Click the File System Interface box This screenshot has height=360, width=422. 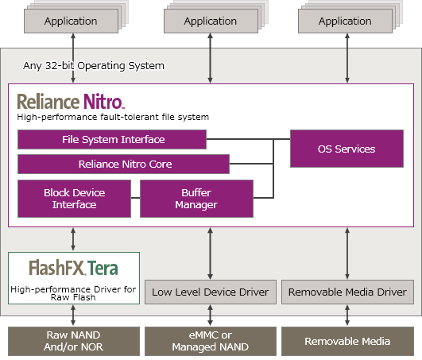[112, 139]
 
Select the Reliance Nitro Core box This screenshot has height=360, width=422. [123, 164]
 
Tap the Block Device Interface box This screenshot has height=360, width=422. [74, 199]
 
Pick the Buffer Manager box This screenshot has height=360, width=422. [196, 199]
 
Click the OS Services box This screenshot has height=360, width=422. [347, 149]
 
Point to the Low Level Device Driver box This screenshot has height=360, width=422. [211, 292]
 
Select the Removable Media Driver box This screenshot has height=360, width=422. [347, 292]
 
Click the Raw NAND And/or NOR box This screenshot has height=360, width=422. [74, 341]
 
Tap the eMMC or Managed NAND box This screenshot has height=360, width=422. [211, 341]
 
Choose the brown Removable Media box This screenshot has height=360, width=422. [347, 341]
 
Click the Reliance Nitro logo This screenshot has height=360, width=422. [71, 102]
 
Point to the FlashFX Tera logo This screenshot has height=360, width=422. [73, 268]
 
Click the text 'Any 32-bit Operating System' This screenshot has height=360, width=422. [94, 66]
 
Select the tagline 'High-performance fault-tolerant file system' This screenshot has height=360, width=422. [113, 117]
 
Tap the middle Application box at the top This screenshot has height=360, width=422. [211, 21]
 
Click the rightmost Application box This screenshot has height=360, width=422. [345, 21]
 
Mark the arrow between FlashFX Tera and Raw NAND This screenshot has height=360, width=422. [73, 315]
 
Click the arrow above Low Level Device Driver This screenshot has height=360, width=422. [211, 254]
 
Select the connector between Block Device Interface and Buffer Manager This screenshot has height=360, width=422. [135, 198]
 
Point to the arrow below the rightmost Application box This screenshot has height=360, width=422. [347, 58]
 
